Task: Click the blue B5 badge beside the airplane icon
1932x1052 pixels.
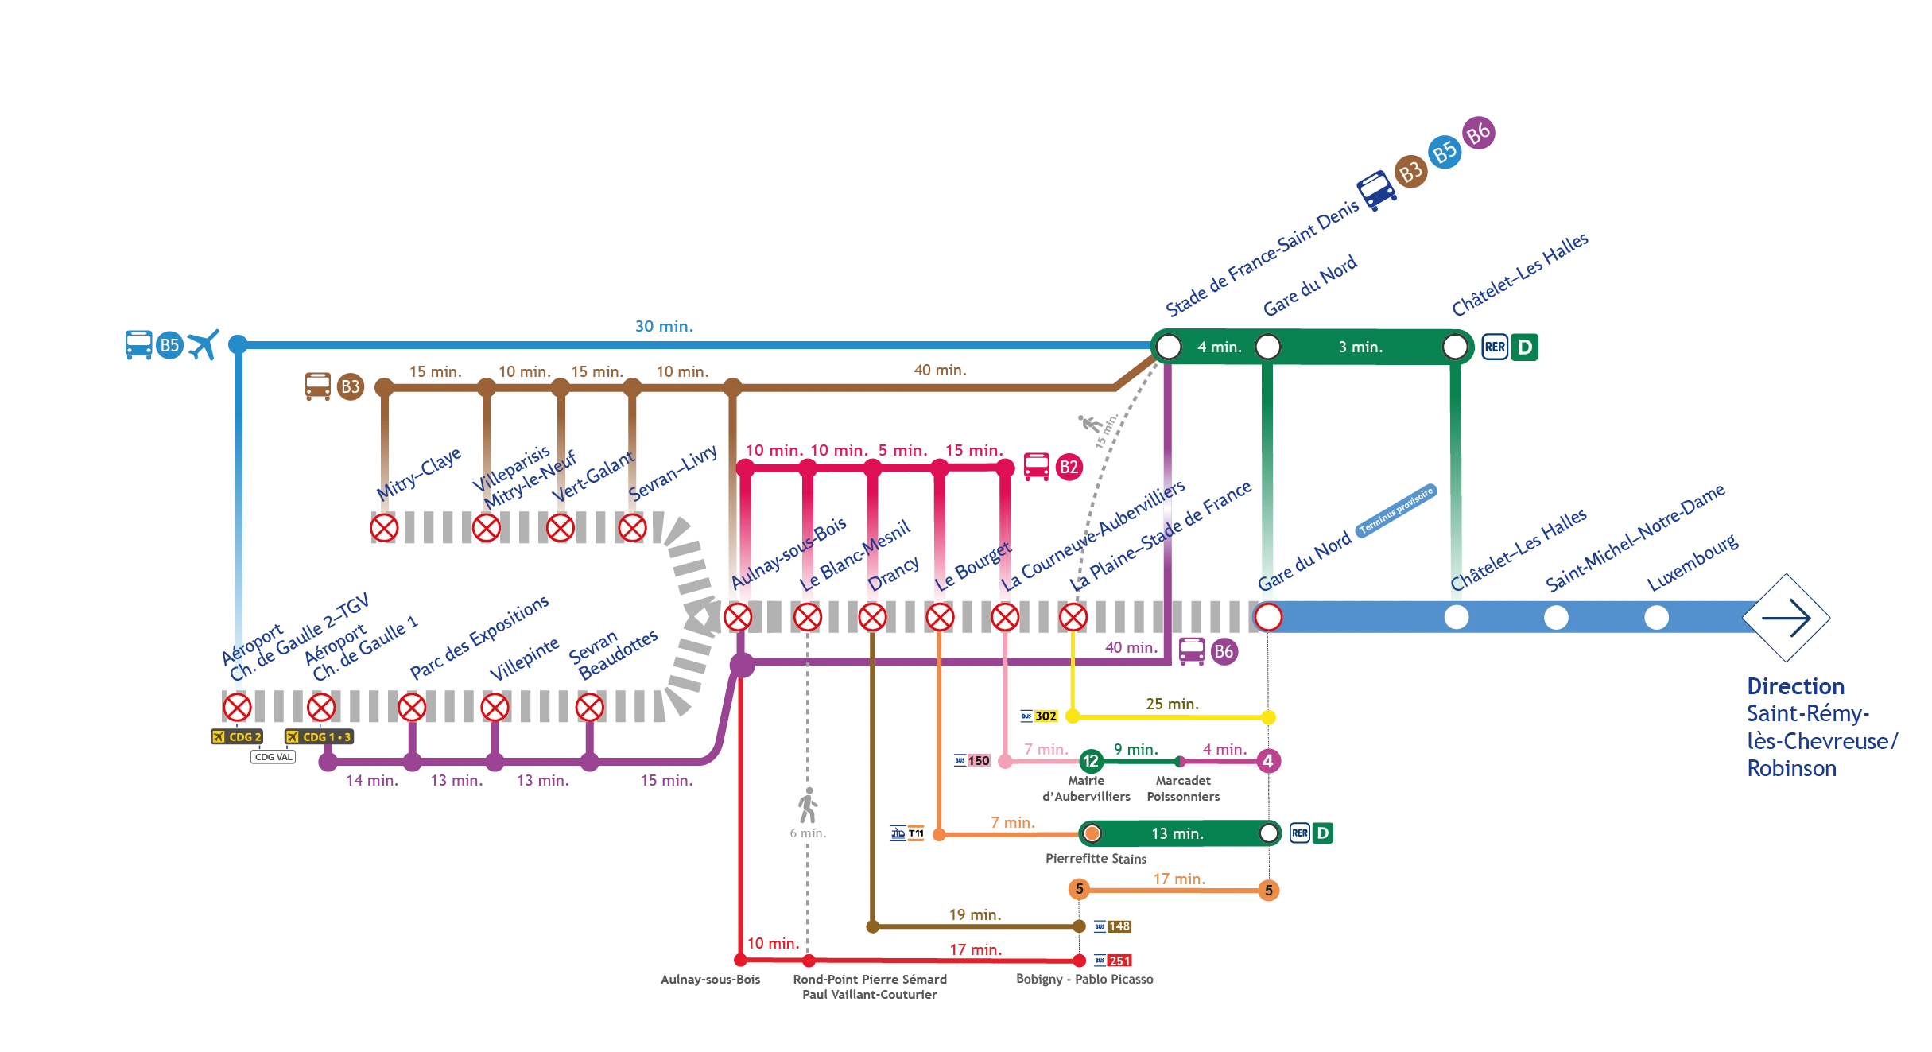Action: click(x=169, y=346)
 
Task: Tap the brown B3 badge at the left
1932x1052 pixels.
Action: click(x=350, y=386)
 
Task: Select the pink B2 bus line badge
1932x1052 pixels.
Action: click(x=1069, y=468)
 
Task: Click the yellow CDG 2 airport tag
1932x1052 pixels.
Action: click(x=238, y=737)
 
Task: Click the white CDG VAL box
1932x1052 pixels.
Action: click(x=273, y=757)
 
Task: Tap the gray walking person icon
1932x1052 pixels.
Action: click(x=808, y=805)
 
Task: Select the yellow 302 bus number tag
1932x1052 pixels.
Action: click(x=1045, y=716)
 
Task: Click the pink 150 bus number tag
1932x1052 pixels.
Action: click(x=978, y=761)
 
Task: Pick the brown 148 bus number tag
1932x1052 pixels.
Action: click(x=1119, y=926)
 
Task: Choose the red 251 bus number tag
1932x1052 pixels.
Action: click(x=1119, y=961)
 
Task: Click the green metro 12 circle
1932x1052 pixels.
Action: click(x=1090, y=761)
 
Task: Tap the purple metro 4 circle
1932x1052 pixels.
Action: click(x=1268, y=761)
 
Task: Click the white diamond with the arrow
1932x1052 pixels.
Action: click(x=1787, y=618)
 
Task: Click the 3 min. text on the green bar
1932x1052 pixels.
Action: click(x=1360, y=347)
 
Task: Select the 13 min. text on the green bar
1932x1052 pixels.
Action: click(x=1177, y=834)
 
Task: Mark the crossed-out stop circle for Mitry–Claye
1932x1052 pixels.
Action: click(x=384, y=528)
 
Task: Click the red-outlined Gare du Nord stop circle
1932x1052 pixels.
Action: click(x=1268, y=617)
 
